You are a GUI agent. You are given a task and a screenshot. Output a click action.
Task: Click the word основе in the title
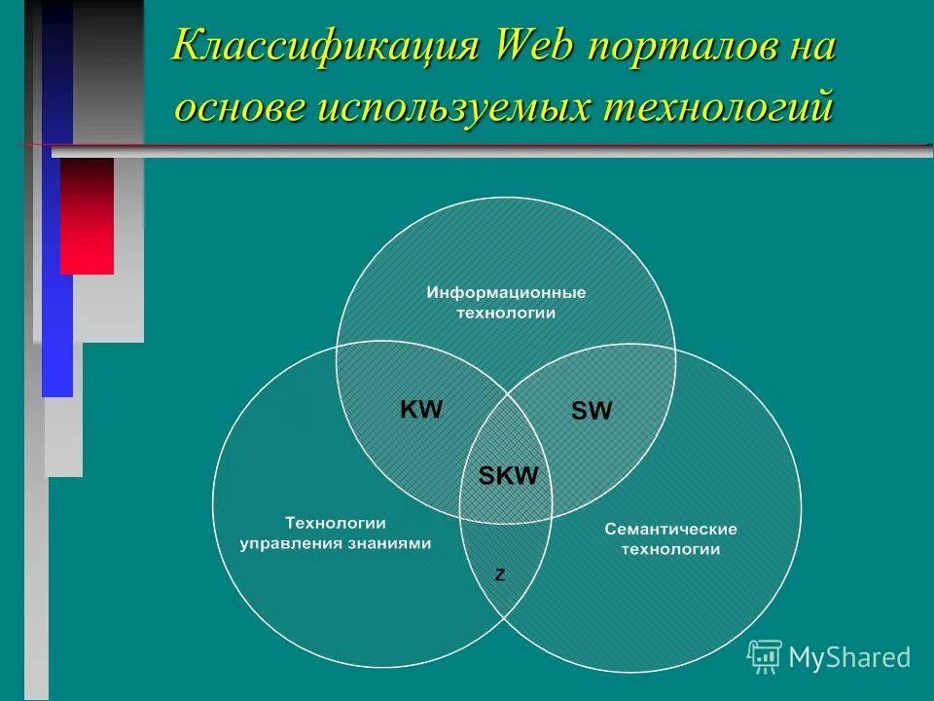(237, 106)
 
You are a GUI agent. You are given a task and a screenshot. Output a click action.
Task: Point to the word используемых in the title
(449, 106)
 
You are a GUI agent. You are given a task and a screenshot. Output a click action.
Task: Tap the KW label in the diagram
(421, 410)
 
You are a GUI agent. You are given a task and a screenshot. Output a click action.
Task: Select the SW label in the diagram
(592, 412)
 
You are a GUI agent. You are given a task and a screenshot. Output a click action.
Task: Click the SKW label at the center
(509, 476)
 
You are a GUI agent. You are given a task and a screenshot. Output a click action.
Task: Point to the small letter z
(500, 575)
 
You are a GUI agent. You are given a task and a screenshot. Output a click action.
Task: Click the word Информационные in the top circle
(506, 292)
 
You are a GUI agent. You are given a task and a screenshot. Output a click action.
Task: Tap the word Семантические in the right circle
(670, 530)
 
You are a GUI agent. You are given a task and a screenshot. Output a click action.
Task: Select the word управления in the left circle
(289, 544)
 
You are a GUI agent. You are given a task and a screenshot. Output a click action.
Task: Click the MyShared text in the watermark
(849, 657)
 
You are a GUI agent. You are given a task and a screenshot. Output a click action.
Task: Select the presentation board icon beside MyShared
(765, 657)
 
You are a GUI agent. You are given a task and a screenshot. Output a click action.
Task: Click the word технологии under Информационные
(506, 313)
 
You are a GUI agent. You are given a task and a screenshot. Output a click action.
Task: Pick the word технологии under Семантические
(670, 550)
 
